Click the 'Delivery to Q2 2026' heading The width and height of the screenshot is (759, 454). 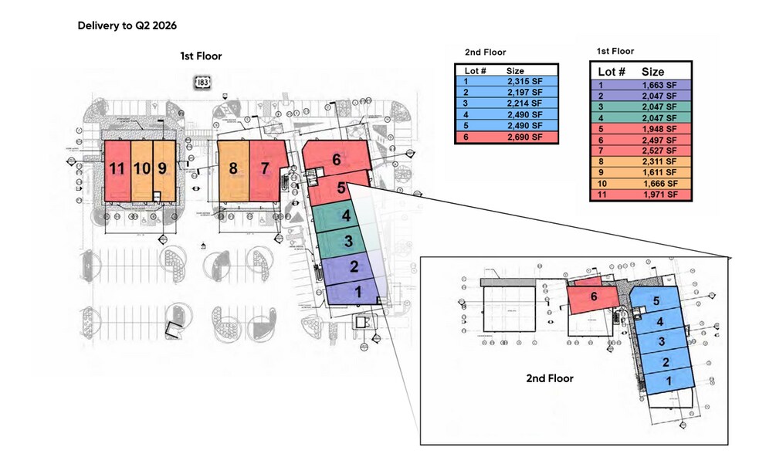(127, 25)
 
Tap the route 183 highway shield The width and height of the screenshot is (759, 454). (203, 81)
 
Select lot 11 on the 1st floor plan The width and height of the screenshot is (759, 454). (117, 168)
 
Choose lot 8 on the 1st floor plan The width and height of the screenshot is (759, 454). (232, 168)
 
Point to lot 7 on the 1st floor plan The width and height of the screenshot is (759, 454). (265, 168)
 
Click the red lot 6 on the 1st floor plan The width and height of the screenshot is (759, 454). (335, 160)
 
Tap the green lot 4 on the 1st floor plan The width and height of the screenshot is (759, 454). (347, 215)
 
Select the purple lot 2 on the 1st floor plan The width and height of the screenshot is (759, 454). (354, 267)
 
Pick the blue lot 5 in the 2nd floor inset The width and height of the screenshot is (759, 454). (656, 302)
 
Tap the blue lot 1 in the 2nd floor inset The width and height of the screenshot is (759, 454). (669, 381)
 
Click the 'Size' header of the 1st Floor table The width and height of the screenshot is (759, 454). (653, 72)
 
